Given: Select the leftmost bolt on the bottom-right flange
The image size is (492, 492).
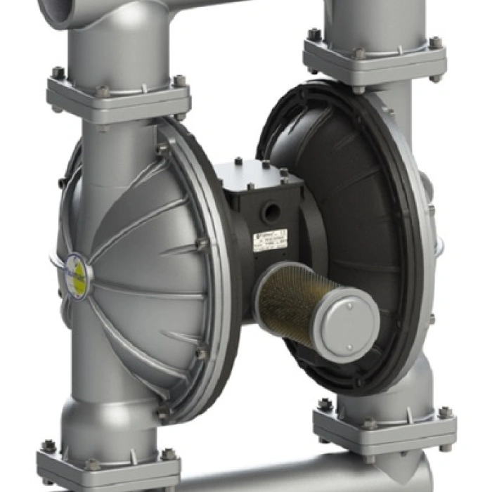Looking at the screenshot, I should pyautogui.click(x=325, y=406).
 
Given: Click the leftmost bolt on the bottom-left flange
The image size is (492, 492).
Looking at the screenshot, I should pyautogui.click(x=48, y=446).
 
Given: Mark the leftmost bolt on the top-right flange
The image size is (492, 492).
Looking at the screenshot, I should pyautogui.click(x=313, y=34).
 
